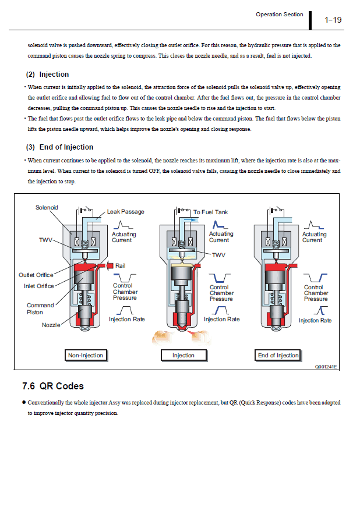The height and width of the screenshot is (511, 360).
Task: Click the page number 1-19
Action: coord(333,20)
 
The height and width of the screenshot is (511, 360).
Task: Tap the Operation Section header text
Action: coord(280,15)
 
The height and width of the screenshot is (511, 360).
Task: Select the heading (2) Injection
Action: coord(48,74)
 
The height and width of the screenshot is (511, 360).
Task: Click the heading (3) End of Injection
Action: coord(59,147)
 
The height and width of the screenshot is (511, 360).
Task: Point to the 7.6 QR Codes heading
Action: coord(53,386)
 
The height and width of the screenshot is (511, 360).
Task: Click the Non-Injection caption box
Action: coord(86,355)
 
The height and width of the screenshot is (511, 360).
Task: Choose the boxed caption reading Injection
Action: coord(183,355)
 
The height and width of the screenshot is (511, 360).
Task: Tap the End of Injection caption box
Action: coord(278,355)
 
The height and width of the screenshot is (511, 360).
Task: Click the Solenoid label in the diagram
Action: coord(47,208)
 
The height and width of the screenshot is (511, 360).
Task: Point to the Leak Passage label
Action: coord(126,212)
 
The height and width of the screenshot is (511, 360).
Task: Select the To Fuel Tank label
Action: coord(211,212)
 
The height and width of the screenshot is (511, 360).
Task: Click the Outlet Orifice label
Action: coord(36,275)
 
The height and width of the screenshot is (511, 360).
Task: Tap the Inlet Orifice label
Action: coord(39,286)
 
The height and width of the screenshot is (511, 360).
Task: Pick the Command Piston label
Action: coord(40,308)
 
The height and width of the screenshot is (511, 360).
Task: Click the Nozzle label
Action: coord(51,325)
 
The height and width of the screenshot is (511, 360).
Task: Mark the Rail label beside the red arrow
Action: coord(121,266)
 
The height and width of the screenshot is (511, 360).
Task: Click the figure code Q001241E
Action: coord(326,367)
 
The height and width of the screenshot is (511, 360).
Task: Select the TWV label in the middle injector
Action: coord(218,255)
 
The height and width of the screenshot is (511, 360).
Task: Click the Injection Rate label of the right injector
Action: coord(315,321)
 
